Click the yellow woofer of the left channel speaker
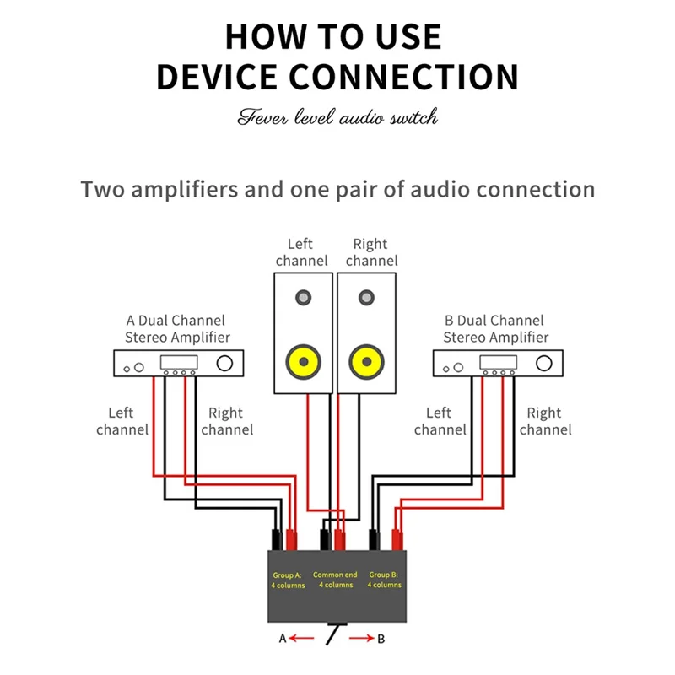click(304, 362)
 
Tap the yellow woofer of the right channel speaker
click(367, 362)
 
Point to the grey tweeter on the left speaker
click(304, 298)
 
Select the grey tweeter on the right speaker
click(367, 298)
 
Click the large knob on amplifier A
click(224, 364)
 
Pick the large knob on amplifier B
click(544, 364)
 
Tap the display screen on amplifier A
click(179, 362)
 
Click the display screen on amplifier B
click(499, 362)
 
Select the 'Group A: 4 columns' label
click(288, 580)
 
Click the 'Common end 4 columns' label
click(335, 580)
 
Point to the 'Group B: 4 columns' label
click(385, 580)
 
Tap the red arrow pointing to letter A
click(301, 638)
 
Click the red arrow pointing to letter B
click(362, 638)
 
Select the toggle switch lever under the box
click(332, 635)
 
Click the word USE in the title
click(408, 37)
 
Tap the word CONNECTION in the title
click(403, 77)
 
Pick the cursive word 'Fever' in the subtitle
click(262, 116)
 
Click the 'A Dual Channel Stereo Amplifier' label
click(177, 329)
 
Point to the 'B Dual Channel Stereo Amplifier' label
click(496, 329)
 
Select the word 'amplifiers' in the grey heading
click(185, 189)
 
